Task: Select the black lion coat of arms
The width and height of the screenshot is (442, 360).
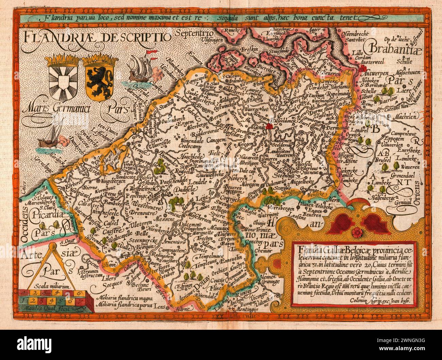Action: pos(95,80)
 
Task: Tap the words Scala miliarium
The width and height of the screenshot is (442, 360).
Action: pos(53,287)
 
